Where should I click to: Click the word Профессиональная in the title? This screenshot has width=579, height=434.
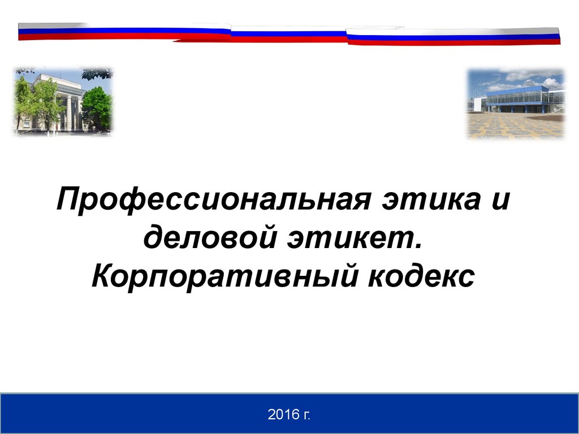click(x=213, y=199)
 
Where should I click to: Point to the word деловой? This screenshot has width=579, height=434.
click(x=210, y=237)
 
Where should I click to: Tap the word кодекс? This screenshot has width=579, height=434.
click(x=421, y=275)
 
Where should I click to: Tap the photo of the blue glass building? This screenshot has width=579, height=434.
click(x=516, y=104)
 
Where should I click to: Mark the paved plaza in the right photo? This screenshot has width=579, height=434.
click(x=516, y=125)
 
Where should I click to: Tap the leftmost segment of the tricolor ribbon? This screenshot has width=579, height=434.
click(x=124, y=32)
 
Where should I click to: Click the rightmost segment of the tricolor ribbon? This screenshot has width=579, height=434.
click(x=453, y=36)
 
